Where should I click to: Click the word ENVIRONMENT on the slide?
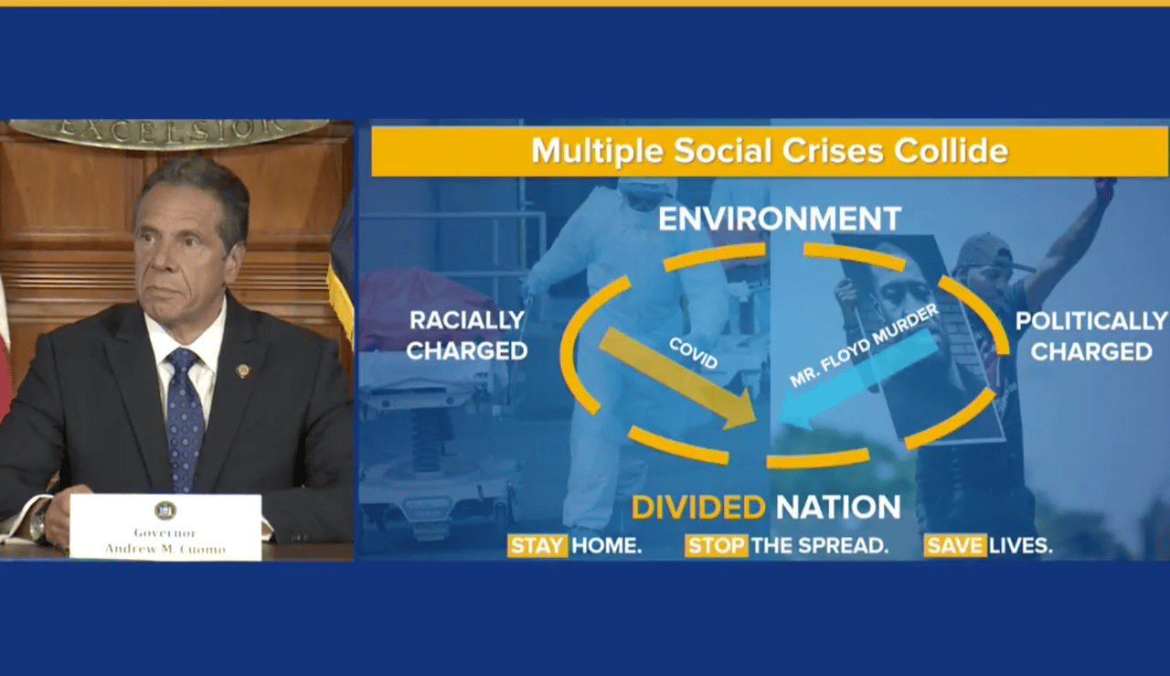[780, 219]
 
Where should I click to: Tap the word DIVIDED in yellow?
[698, 507]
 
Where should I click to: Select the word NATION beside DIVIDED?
[838, 507]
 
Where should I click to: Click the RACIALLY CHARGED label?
[466, 336]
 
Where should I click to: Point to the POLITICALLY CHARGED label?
[1091, 336]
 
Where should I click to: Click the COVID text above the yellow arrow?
[693, 353]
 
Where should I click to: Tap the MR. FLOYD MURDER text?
[864, 345]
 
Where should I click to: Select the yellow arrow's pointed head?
[740, 414]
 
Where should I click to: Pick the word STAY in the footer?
[537, 545]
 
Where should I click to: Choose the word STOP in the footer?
[716, 545]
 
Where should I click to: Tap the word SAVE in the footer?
[955, 545]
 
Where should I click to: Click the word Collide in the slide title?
[951, 151]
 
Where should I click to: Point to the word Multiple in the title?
[597, 152]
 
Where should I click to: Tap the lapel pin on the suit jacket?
[242, 370]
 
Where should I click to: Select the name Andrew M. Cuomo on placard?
[165, 549]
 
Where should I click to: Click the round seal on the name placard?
[165, 510]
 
